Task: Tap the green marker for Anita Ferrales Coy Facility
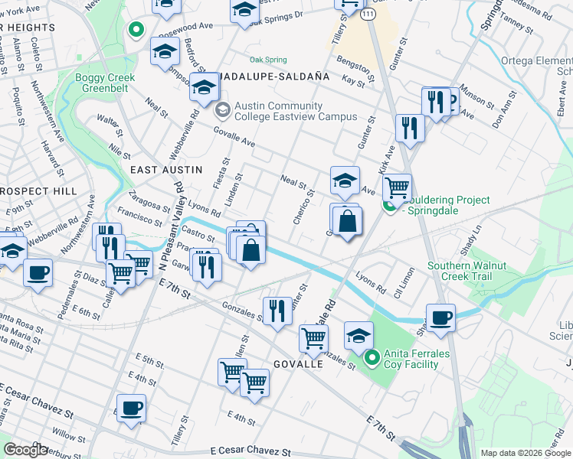point(372,357)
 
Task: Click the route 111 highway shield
point(369,15)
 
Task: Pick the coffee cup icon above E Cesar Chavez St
point(131,407)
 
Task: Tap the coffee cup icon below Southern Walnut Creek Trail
point(440,317)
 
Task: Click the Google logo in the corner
point(26,450)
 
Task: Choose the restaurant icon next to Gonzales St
point(277,310)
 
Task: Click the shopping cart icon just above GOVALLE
point(313,337)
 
